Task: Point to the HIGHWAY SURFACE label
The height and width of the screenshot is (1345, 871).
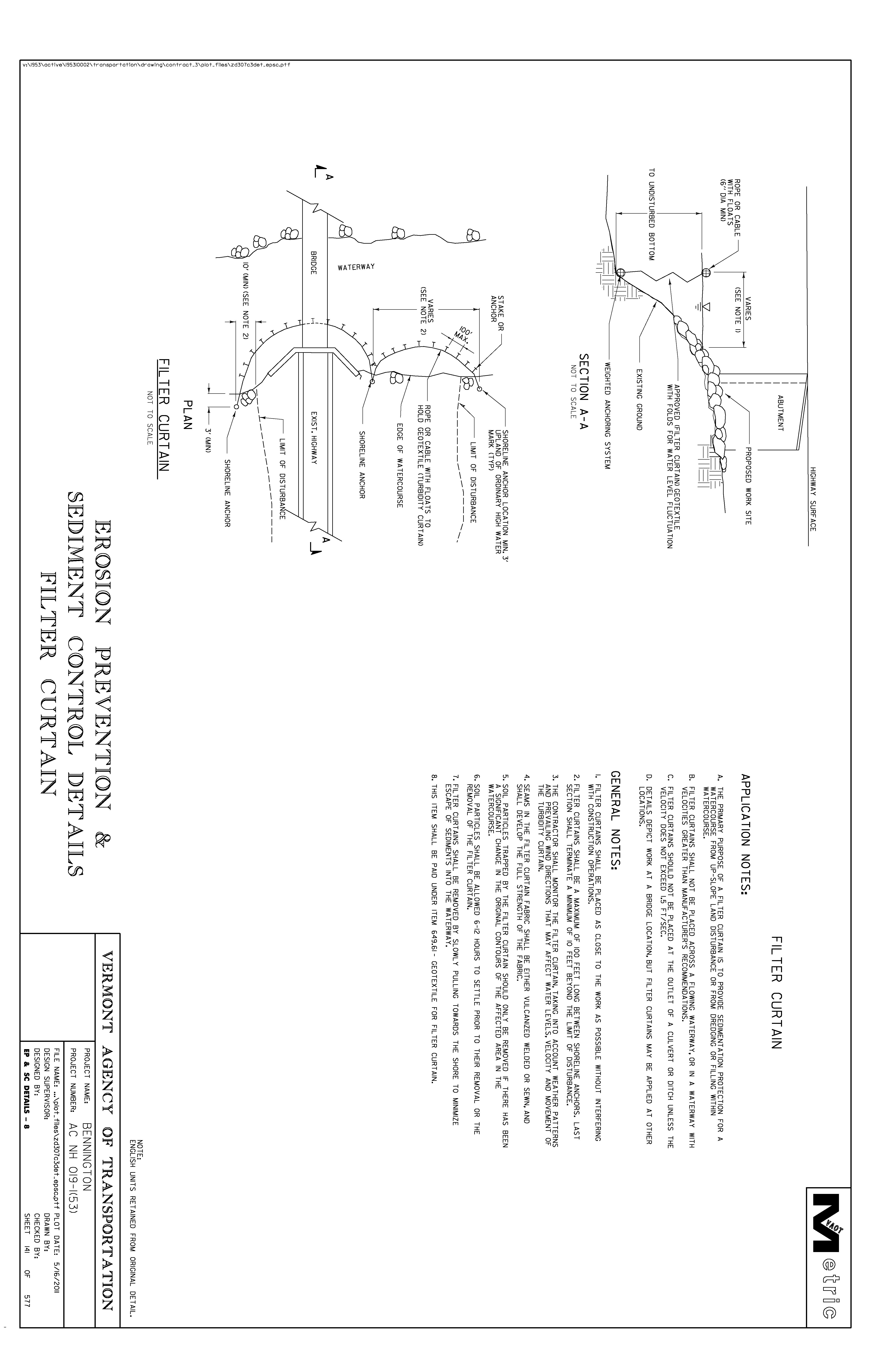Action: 813,498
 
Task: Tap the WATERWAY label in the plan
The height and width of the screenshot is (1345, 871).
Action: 356,267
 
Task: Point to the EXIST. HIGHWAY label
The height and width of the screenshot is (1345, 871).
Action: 313,438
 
